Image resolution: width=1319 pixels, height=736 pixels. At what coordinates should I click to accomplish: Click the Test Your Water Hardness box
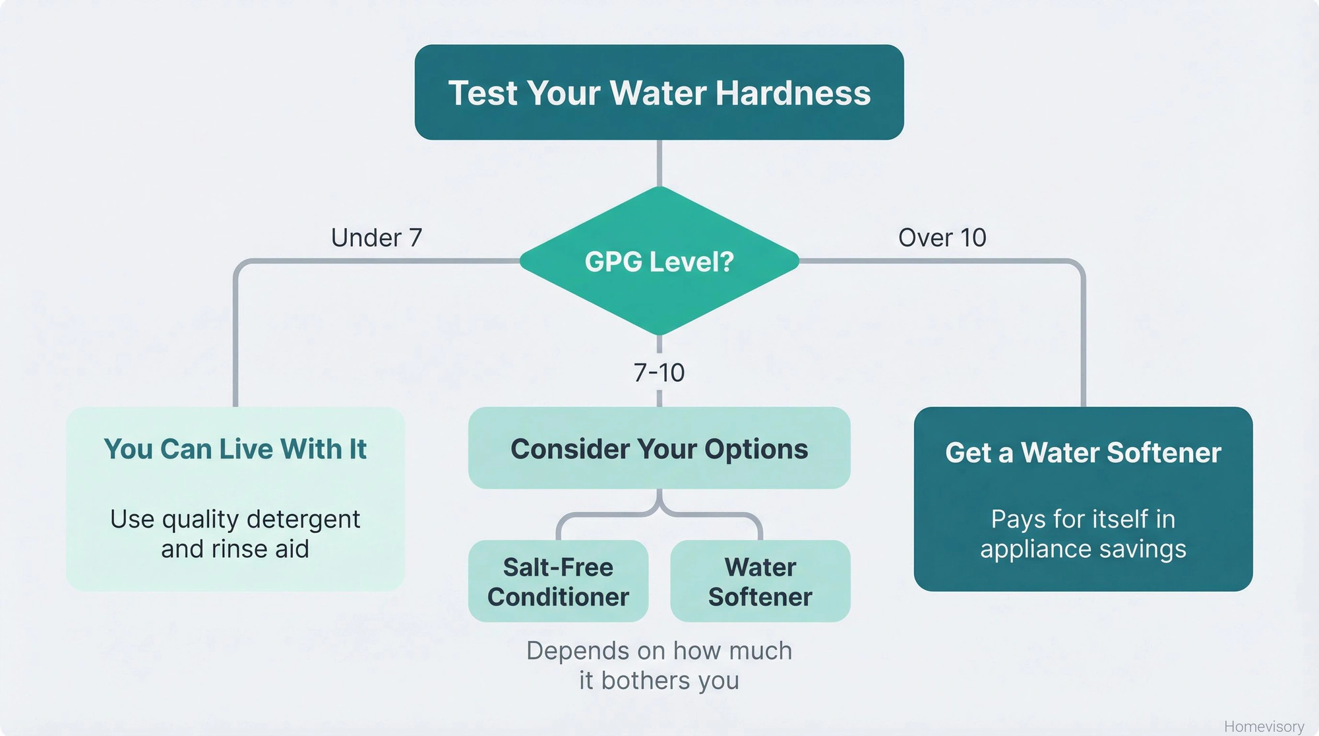click(x=659, y=92)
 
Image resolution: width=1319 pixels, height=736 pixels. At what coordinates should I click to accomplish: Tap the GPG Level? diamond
click(x=659, y=262)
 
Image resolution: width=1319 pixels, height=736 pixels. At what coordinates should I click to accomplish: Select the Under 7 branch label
click(x=377, y=237)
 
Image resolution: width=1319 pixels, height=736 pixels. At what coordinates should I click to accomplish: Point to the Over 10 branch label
click(x=942, y=237)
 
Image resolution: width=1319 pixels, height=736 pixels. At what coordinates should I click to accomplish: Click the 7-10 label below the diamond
click(x=659, y=373)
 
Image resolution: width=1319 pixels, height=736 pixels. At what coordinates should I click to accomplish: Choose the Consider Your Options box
click(x=659, y=448)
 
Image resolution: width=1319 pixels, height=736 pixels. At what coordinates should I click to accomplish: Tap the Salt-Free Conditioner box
click(x=558, y=581)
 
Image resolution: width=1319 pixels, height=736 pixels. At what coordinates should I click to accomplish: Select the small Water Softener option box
click(x=760, y=581)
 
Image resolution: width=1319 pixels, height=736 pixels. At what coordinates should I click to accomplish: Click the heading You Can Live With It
click(x=235, y=449)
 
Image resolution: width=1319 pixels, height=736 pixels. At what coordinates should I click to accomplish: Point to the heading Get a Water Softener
click(x=1083, y=452)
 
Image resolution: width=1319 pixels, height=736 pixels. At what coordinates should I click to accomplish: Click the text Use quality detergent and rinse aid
click(x=235, y=534)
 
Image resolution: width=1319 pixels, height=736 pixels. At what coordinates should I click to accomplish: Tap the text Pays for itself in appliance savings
click(x=1083, y=534)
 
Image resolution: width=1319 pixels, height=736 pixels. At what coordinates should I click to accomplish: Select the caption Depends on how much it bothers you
click(x=659, y=665)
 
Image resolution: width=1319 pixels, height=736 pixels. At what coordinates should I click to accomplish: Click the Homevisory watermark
click(x=1264, y=726)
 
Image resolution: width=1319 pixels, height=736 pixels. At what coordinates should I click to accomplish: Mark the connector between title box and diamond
click(x=659, y=163)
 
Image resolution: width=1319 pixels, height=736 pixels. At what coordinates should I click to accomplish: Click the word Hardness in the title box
click(x=793, y=93)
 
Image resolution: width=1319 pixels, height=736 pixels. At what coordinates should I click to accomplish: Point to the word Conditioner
click(x=558, y=597)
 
